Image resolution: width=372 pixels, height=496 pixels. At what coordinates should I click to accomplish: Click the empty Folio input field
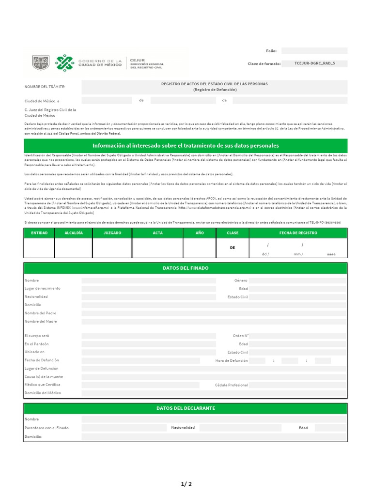tap(314, 51)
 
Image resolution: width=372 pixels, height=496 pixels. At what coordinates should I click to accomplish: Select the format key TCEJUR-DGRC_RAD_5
tap(314, 63)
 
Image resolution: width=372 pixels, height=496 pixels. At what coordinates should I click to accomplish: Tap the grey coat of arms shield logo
tap(40, 62)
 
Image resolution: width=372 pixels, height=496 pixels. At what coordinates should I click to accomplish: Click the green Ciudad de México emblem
tap(65, 62)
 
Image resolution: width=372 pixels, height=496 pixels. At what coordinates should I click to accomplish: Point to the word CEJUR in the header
tap(138, 60)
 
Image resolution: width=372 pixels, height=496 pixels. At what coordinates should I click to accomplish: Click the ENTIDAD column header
tap(39, 233)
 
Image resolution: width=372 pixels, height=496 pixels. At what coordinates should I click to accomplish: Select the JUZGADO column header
tap(112, 233)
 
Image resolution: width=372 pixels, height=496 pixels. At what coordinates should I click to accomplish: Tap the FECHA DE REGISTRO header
tap(298, 233)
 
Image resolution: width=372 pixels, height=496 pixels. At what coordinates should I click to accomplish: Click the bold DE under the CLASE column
tap(232, 248)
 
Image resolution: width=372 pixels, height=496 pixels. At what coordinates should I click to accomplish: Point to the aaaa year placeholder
tap(331, 254)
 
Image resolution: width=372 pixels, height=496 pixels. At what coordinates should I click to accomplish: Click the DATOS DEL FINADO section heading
tap(186, 268)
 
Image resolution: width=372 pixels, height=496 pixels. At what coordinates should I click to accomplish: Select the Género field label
tap(241, 280)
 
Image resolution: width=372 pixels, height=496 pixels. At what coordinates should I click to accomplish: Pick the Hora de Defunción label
tap(232, 361)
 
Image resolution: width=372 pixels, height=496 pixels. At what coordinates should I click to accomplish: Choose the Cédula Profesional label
tap(232, 385)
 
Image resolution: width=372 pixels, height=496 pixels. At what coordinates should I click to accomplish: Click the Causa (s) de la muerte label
tap(44, 377)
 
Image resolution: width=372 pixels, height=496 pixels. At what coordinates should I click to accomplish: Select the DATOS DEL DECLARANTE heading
tap(186, 408)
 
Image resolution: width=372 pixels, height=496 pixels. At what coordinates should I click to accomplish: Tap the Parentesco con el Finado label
tap(46, 428)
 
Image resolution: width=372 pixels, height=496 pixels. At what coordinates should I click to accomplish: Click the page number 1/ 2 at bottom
tap(186, 484)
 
